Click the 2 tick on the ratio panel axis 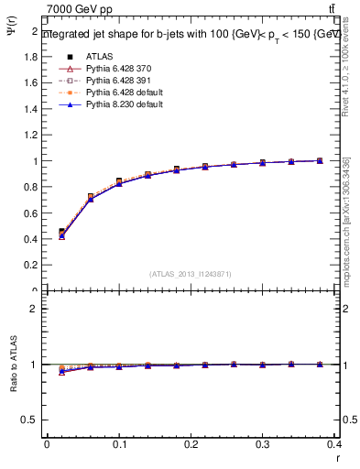(x=35, y=309)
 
